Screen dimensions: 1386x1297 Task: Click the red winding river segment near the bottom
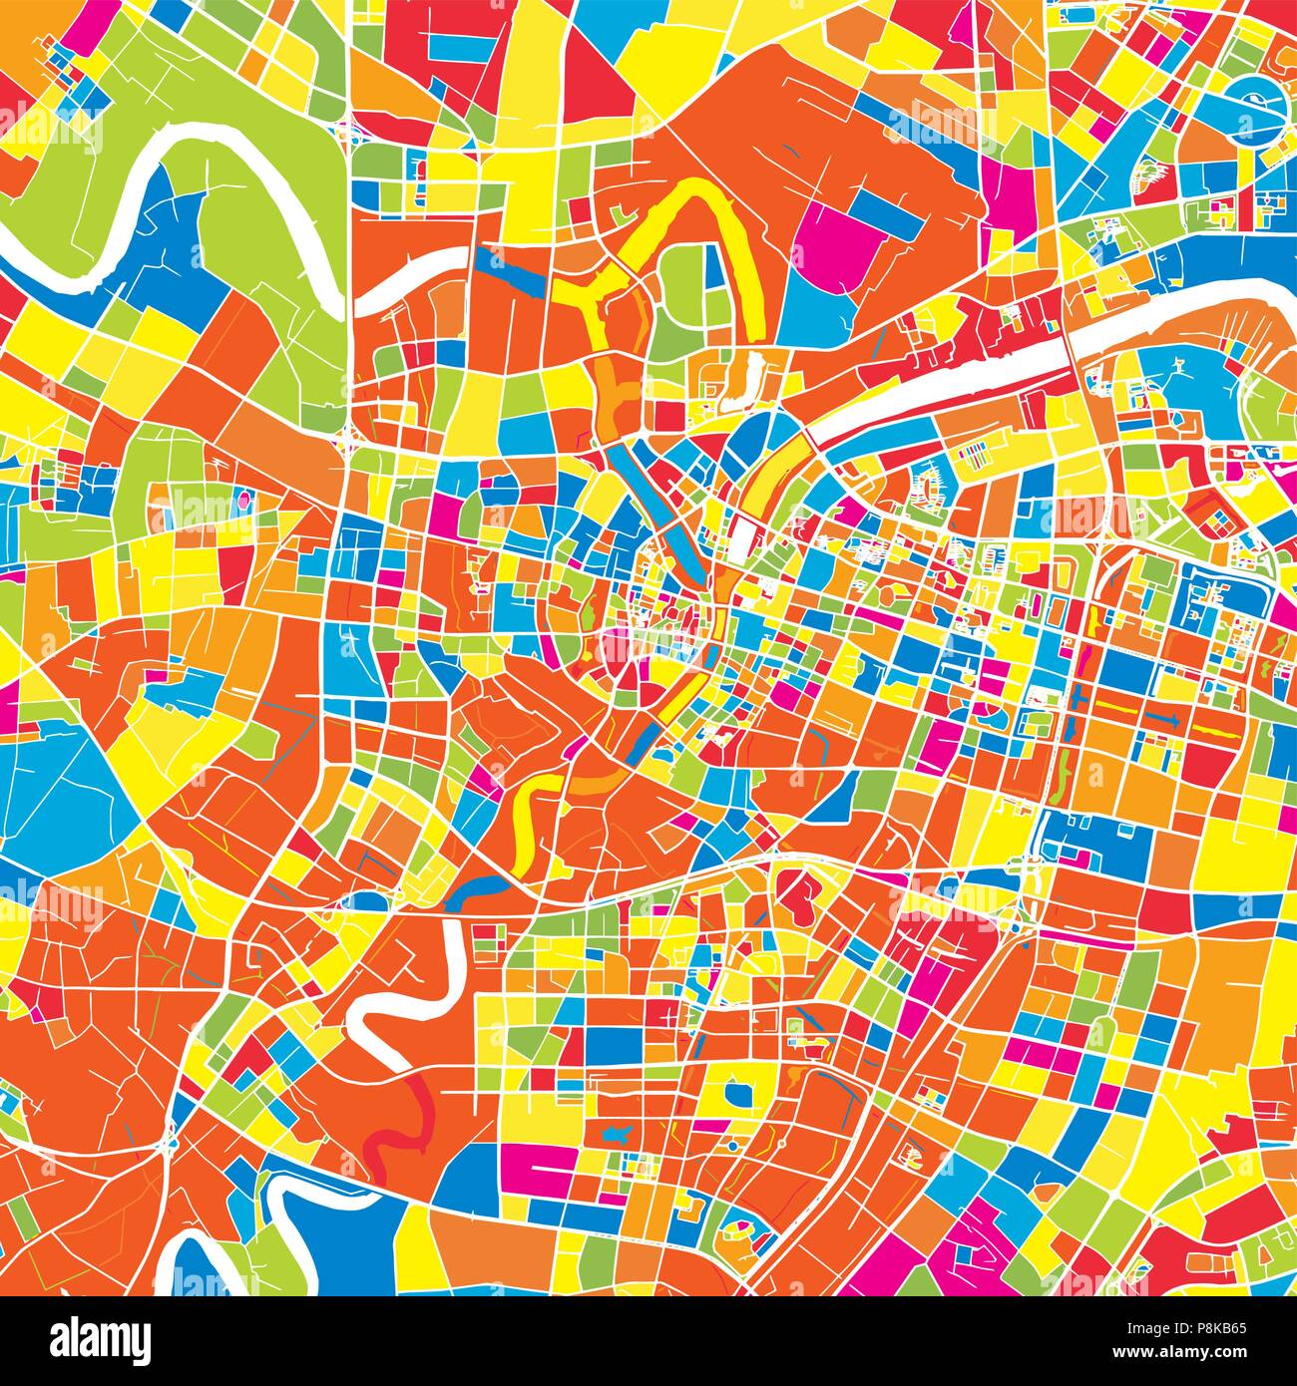(394, 1127)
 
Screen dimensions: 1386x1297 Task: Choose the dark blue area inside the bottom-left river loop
(200, 1266)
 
